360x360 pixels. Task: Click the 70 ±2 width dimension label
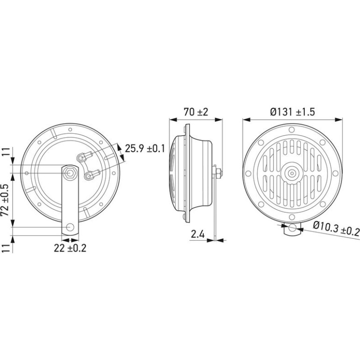(196, 112)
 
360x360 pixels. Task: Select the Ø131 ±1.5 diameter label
(292, 112)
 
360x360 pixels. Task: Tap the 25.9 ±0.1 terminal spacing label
(145, 149)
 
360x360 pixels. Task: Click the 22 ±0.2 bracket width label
(70, 248)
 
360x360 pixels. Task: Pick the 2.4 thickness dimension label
(198, 234)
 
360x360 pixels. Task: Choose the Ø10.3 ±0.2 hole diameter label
(336, 228)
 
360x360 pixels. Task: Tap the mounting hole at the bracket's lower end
(70, 227)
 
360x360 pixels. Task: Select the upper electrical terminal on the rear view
(84, 156)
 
